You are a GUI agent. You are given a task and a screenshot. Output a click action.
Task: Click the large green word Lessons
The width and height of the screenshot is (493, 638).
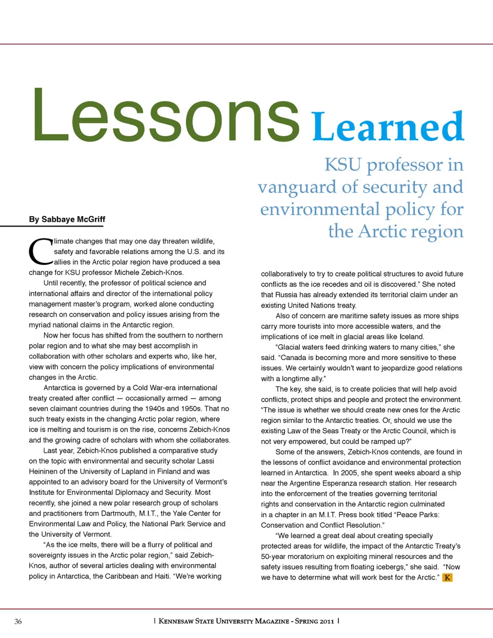click(x=166, y=116)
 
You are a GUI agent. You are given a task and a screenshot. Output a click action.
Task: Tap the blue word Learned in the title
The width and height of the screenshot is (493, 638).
click(x=388, y=126)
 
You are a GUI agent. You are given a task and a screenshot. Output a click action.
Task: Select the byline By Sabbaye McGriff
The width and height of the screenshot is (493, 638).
click(x=67, y=219)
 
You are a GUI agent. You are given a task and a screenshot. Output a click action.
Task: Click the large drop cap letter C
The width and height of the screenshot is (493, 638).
click(x=41, y=252)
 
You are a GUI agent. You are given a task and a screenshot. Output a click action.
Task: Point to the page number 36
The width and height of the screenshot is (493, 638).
click(x=18, y=622)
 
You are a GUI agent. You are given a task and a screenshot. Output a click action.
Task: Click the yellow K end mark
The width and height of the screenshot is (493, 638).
click(x=447, y=577)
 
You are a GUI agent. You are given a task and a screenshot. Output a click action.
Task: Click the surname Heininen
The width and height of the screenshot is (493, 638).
click(x=43, y=472)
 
